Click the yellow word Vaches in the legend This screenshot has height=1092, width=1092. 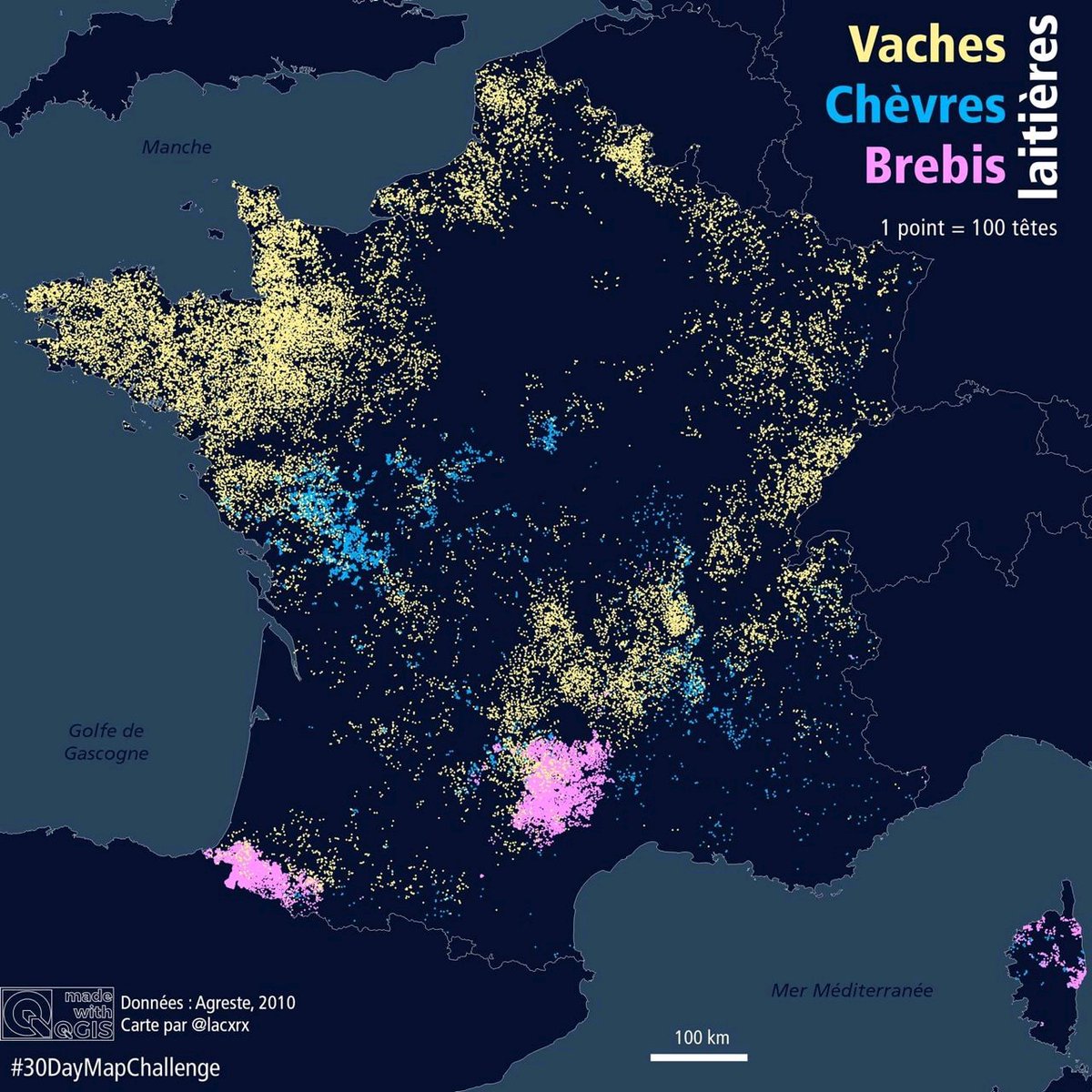pyautogui.click(x=926, y=45)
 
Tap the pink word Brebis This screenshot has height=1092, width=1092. pyautogui.click(x=935, y=166)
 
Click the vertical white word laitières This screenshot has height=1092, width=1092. pyautogui.click(x=1037, y=107)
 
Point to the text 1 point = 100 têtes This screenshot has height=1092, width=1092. pyautogui.click(x=968, y=227)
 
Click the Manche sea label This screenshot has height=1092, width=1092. pyautogui.click(x=177, y=147)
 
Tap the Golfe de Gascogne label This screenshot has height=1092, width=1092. pyautogui.click(x=106, y=742)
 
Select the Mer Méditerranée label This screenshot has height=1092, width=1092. pyautogui.click(x=852, y=990)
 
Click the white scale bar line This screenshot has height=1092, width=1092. pyautogui.click(x=699, y=1057)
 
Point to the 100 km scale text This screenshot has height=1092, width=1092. pyautogui.click(x=702, y=1037)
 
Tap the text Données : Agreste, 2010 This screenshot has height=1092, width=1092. pyautogui.click(x=208, y=1004)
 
